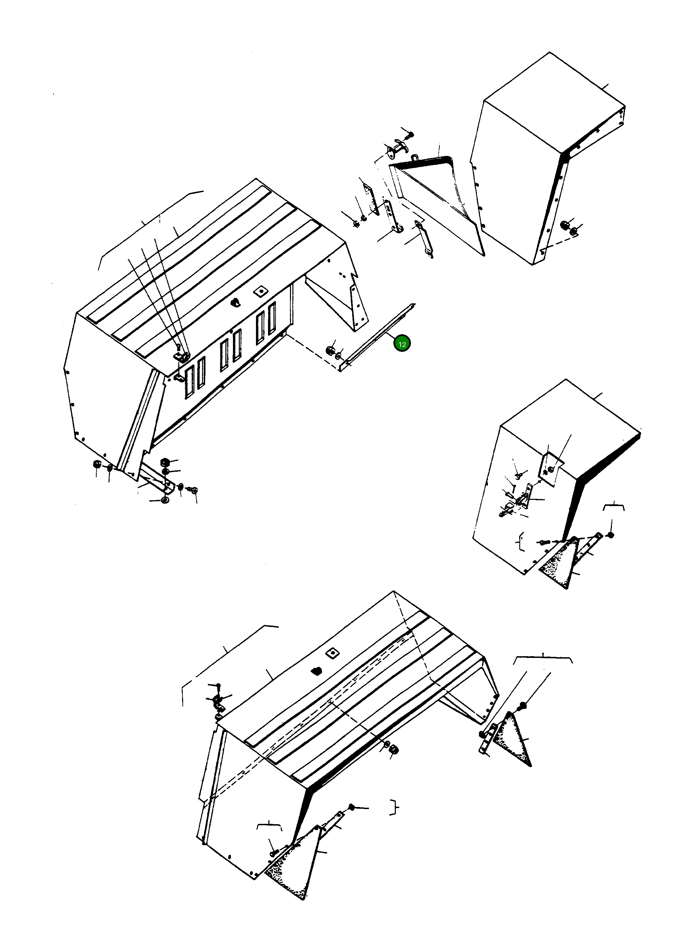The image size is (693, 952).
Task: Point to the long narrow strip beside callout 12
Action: tap(377, 337)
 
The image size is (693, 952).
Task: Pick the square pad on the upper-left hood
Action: tap(261, 291)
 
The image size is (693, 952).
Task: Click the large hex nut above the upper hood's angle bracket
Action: tap(165, 462)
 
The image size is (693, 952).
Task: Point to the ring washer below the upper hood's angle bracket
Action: tap(165, 500)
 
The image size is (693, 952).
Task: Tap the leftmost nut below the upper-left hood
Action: tap(96, 464)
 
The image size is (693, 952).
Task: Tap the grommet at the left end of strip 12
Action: tap(330, 350)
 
